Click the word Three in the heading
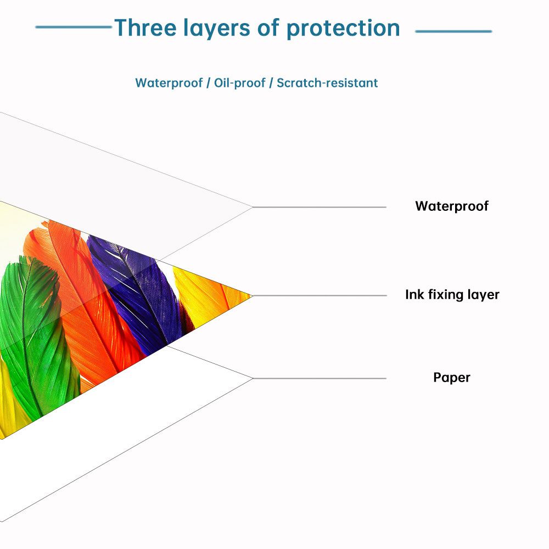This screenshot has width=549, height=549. (x=145, y=27)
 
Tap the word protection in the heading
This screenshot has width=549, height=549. (x=343, y=29)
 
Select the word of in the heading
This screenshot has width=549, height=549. (x=268, y=27)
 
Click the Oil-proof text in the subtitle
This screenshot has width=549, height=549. (x=240, y=83)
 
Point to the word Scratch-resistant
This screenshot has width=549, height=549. (x=327, y=83)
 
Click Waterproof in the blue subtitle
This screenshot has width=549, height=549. (x=169, y=83)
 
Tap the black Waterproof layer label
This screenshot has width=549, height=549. (x=452, y=206)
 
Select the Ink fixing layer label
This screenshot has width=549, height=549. (x=452, y=295)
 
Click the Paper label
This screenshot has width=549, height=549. (x=452, y=378)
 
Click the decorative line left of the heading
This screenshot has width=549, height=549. (x=74, y=26)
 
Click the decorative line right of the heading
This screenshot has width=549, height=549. (x=453, y=31)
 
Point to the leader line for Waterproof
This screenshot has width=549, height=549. (x=320, y=208)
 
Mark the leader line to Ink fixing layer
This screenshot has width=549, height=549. (x=320, y=296)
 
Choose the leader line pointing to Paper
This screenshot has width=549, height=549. (x=320, y=378)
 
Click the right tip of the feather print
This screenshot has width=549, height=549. (x=252, y=296)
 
